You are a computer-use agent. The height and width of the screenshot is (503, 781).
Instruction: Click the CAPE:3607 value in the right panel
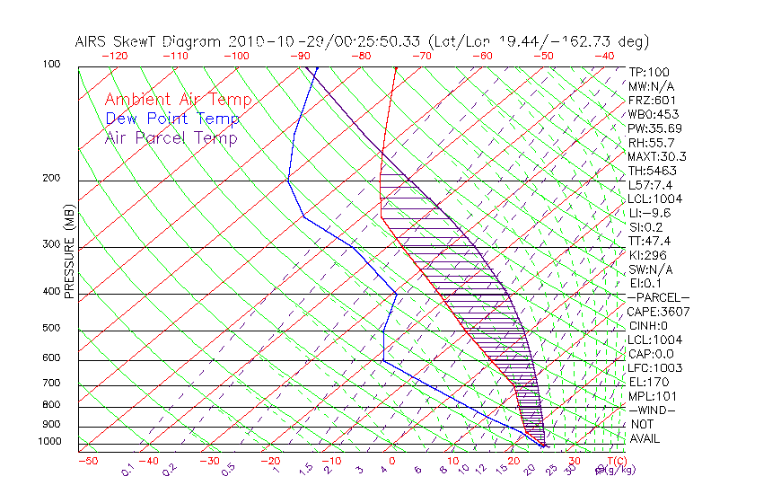coord(658,312)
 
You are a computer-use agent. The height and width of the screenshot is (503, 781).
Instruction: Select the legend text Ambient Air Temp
coord(178,100)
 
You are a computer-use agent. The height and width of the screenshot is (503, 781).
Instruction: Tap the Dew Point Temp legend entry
coord(172,119)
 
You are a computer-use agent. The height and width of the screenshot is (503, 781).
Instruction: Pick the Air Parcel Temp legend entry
coord(171,137)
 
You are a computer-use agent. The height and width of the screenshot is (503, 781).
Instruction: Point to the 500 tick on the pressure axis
coord(52,329)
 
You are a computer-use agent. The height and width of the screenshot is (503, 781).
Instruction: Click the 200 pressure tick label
coord(52,179)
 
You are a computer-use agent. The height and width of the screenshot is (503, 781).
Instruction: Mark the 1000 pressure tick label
coord(49,442)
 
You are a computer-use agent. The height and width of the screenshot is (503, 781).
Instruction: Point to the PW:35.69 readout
coord(654,128)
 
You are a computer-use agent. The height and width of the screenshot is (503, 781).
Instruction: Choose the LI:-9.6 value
coord(650,213)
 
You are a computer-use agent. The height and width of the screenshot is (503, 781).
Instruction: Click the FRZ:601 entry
coord(652,100)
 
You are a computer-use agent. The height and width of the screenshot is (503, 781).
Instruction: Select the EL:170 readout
coord(648,382)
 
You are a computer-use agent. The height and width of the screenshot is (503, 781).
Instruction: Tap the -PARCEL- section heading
coord(659,297)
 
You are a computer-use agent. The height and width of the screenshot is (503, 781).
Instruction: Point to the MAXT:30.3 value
coord(656,156)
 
